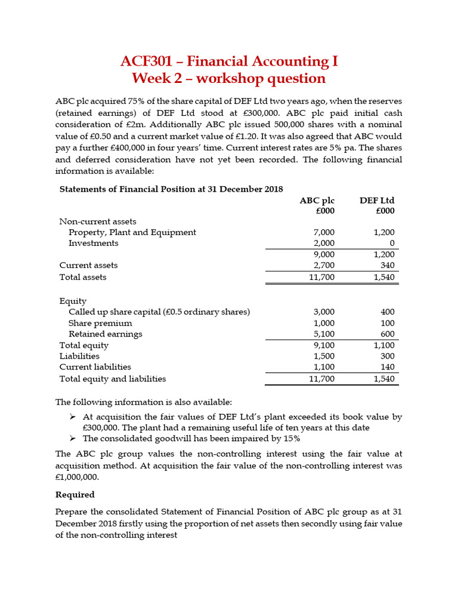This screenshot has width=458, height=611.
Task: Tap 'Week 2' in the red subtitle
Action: pos(157,78)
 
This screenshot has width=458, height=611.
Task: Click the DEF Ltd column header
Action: pos(377,200)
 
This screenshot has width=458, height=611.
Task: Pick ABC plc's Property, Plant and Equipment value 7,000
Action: pos(324,232)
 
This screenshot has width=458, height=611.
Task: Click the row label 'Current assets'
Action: pos(88,265)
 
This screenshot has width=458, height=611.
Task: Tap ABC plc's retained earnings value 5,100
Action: pos(324,334)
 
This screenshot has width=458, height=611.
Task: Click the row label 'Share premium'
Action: pos(100,323)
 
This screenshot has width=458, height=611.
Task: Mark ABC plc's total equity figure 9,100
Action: pos(324,345)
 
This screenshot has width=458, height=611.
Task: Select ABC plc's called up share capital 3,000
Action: pos(324,311)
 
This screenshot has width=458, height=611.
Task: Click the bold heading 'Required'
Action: pos(75,495)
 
